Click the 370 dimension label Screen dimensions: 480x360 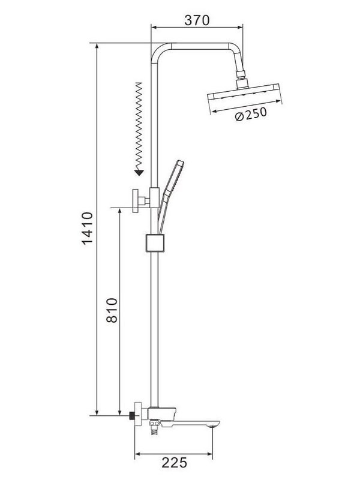(x=196, y=20)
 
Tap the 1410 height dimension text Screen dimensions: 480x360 (x=88, y=229)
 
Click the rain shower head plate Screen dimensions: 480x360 (x=245, y=95)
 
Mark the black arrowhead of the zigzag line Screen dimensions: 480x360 (x=139, y=172)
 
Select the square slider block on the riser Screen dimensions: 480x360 (x=154, y=243)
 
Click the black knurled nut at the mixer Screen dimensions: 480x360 (x=133, y=415)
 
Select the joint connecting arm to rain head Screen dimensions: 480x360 (x=244, y=76)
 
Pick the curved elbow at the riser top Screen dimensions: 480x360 (x=157, y=53)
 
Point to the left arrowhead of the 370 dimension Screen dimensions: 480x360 (x=153, y=26)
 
